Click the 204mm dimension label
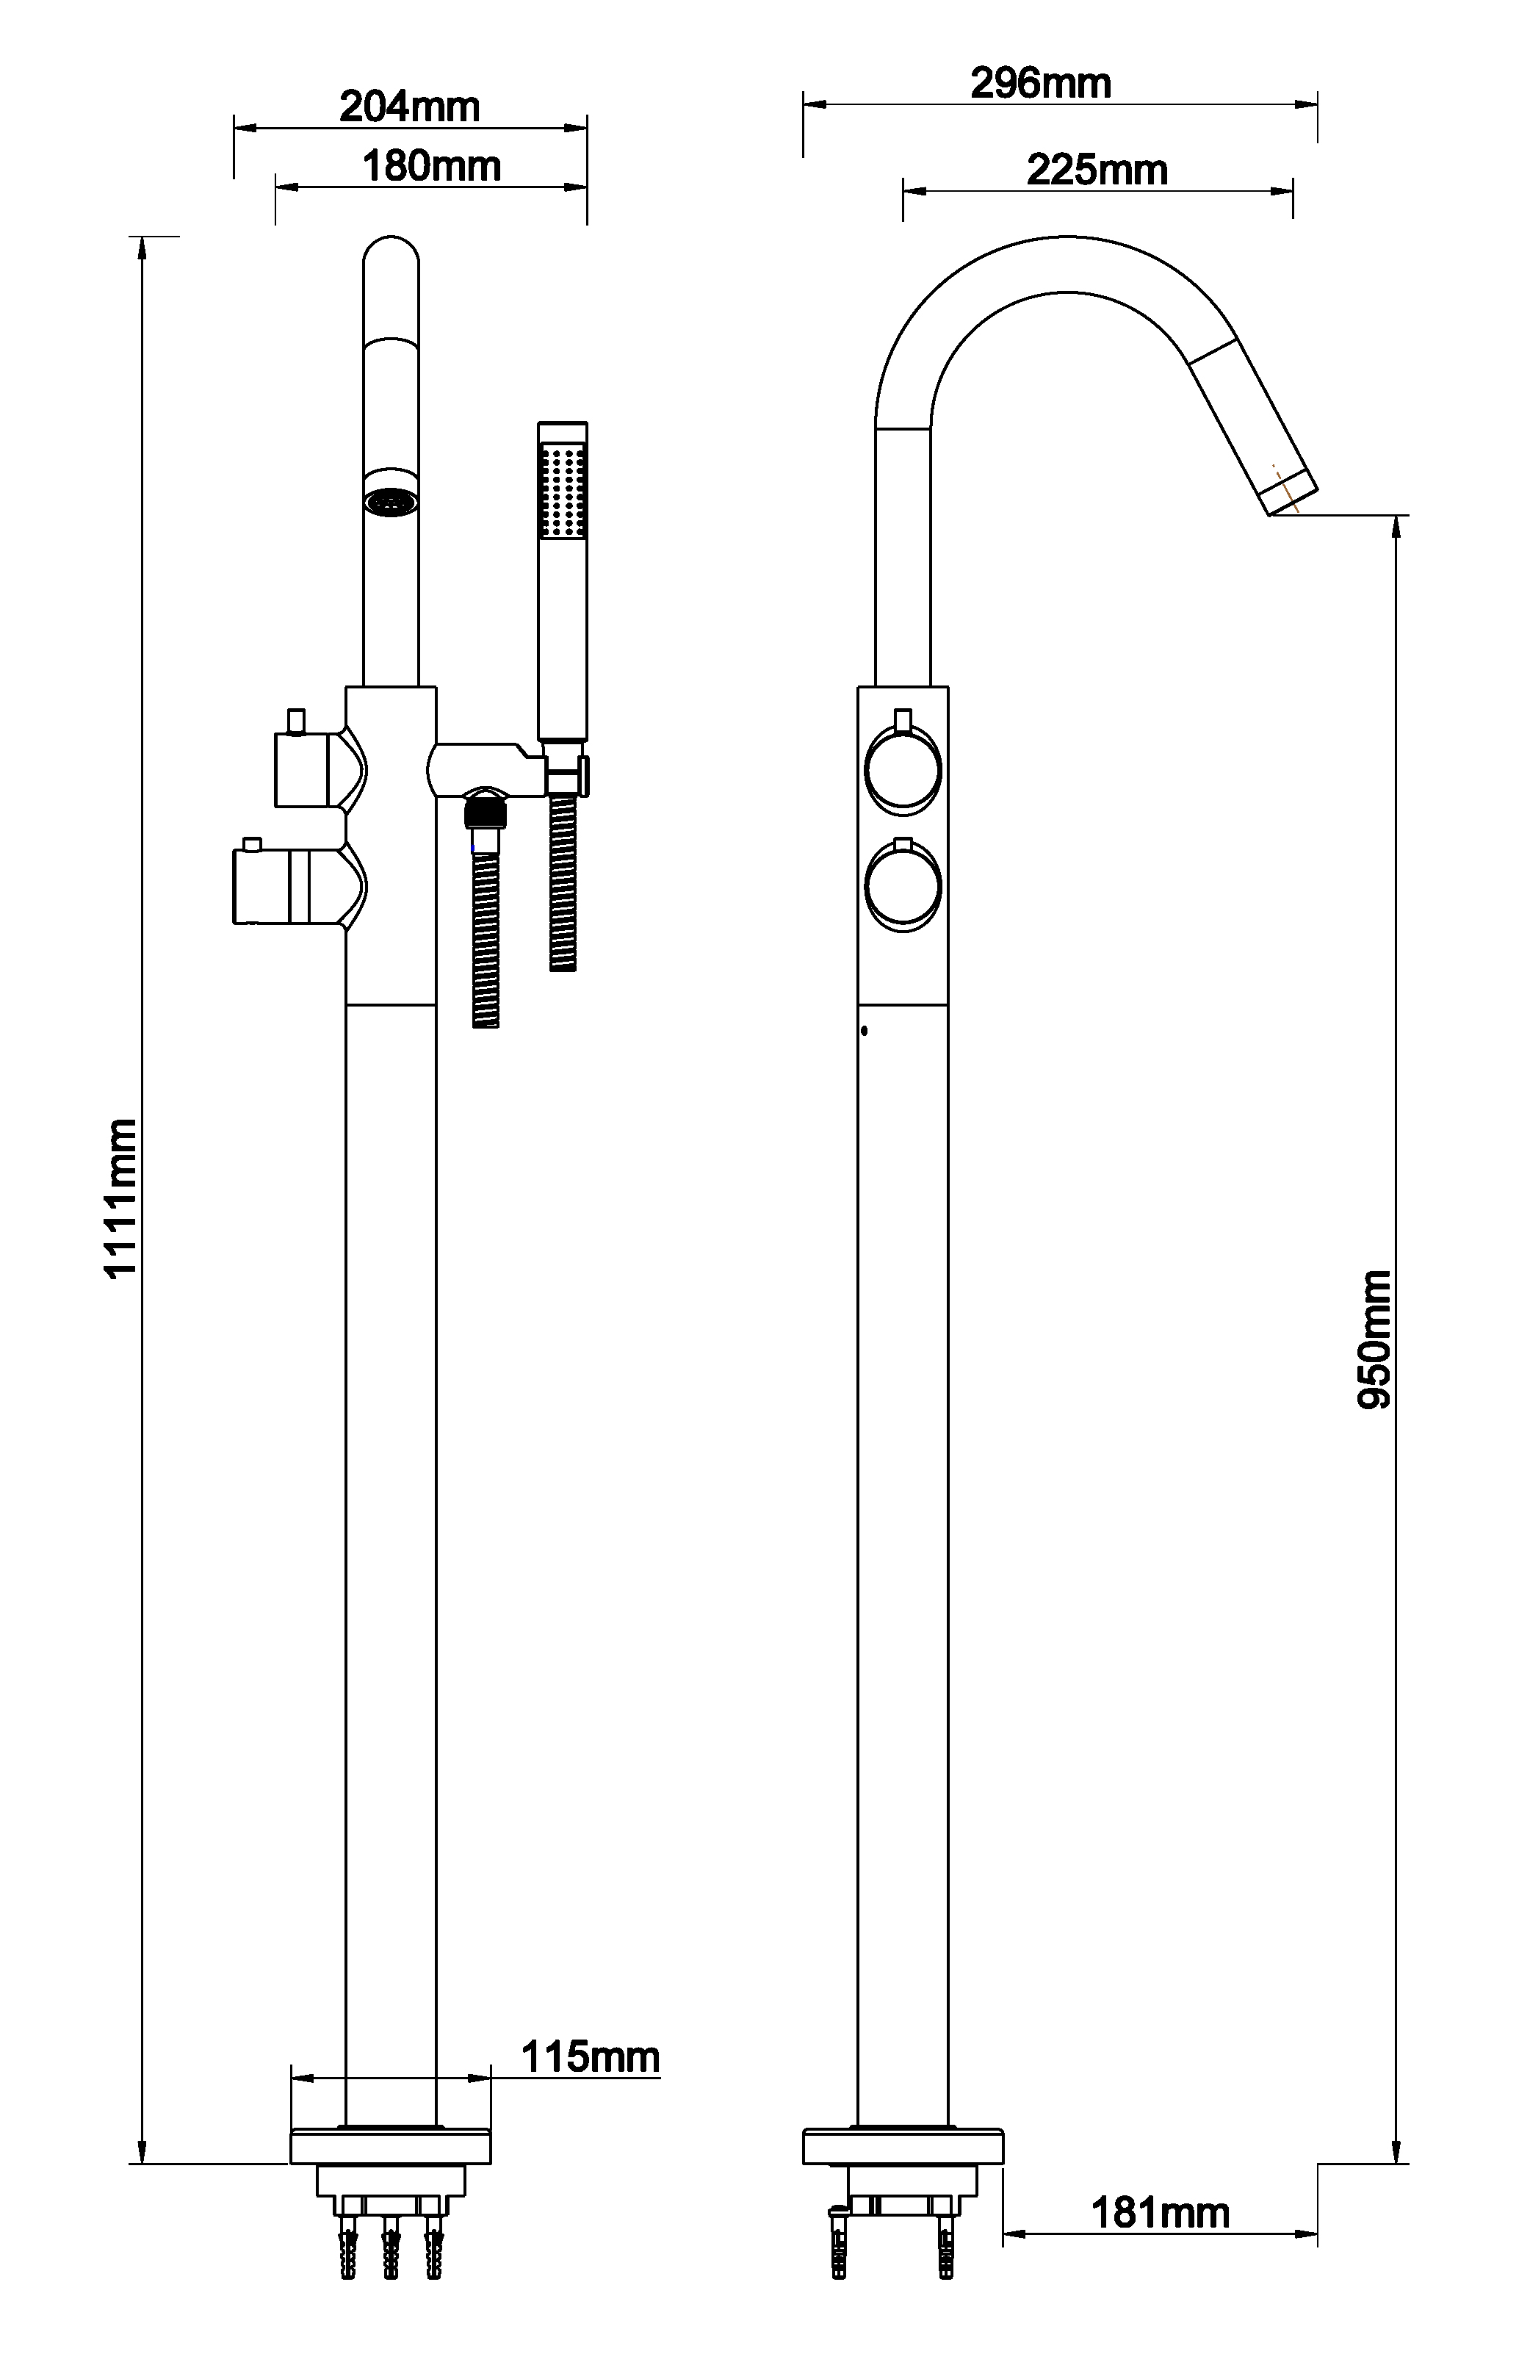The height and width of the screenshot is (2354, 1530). point(409,106)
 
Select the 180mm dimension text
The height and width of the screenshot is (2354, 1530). point(431,165)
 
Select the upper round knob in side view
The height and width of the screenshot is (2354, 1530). point(903,769)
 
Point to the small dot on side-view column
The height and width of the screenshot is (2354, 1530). point(865,1031)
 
